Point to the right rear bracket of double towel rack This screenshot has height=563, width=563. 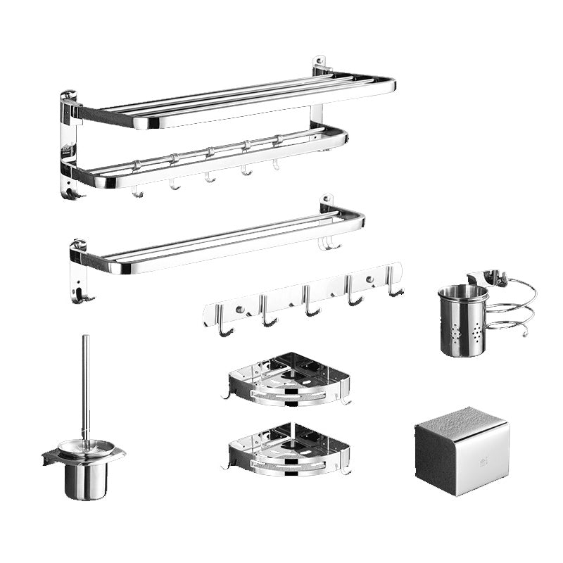pyautogui.click(x=320, y=66)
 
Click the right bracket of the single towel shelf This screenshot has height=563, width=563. pyautogui.click(x=327, y=204)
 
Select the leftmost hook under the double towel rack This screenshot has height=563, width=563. pyautogui.click(x=138, y=190)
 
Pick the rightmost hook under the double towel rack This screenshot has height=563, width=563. pyautogui.click(x=277, y=164)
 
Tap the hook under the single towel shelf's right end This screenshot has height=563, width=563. pyautogui.click(x=329, y=243)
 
